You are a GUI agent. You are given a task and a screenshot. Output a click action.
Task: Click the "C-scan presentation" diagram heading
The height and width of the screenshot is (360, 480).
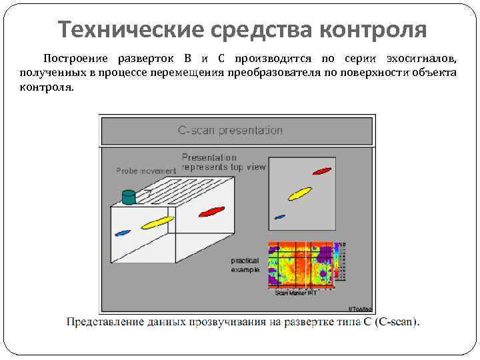(x=230, y=130)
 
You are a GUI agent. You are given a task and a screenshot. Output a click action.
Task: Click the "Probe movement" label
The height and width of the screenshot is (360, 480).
(x=146, y=171)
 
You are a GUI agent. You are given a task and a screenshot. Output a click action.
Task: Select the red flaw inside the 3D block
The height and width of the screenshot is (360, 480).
(x=210, y=213)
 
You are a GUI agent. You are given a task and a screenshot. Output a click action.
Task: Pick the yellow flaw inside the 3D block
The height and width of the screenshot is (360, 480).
(x=157, y=222)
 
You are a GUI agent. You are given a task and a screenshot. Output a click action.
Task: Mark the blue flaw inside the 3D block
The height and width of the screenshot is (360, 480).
(x=122, y=233)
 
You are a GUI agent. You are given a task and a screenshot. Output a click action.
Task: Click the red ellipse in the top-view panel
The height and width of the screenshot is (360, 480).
(x=322, y=171)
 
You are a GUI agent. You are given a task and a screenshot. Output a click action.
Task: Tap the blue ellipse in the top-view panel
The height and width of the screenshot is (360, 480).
(x=280, y=217)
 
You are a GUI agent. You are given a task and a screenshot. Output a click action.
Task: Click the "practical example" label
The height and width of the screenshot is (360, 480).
(x=245, y=265)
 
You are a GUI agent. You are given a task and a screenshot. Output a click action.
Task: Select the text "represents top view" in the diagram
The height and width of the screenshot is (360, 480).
(x=223, y=167)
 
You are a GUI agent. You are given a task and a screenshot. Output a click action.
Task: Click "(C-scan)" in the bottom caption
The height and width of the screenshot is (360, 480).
(x=398, y=323)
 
